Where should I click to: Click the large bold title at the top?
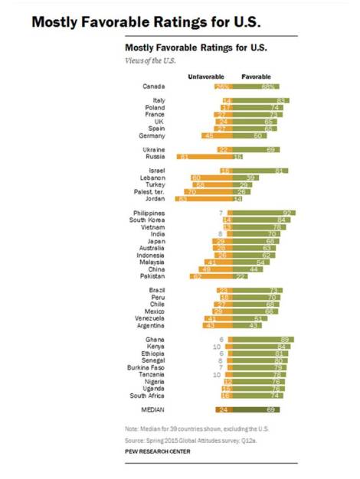tap(142, 21)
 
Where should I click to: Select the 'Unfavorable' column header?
tap(206, 77)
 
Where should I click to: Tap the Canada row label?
tap(155, 86)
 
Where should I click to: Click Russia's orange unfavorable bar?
tap(205, 156)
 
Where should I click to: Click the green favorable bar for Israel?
tap(260, 170)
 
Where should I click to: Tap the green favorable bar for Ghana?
tap(263, 338)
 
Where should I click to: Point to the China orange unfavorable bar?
tap(215, 269)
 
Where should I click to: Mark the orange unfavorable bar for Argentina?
tap(218, 325)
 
